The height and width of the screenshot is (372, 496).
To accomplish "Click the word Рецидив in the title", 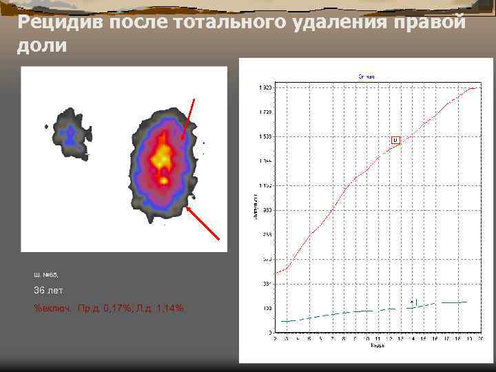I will click(58, 22).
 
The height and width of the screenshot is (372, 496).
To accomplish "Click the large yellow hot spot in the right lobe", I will click(163, 155).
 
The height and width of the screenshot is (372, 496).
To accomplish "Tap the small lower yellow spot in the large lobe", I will click(164, 180).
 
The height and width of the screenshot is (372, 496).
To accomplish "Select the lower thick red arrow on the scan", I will click(204, 223).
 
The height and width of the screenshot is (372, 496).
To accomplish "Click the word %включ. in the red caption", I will click(53, 307).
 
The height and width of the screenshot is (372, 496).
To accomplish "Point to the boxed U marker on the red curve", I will click(395, 140).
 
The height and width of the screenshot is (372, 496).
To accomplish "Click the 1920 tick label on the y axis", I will click(265, 88).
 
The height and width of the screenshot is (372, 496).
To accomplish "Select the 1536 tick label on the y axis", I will click(265, 136).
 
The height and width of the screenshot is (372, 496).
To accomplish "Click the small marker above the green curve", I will click(413, 302).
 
